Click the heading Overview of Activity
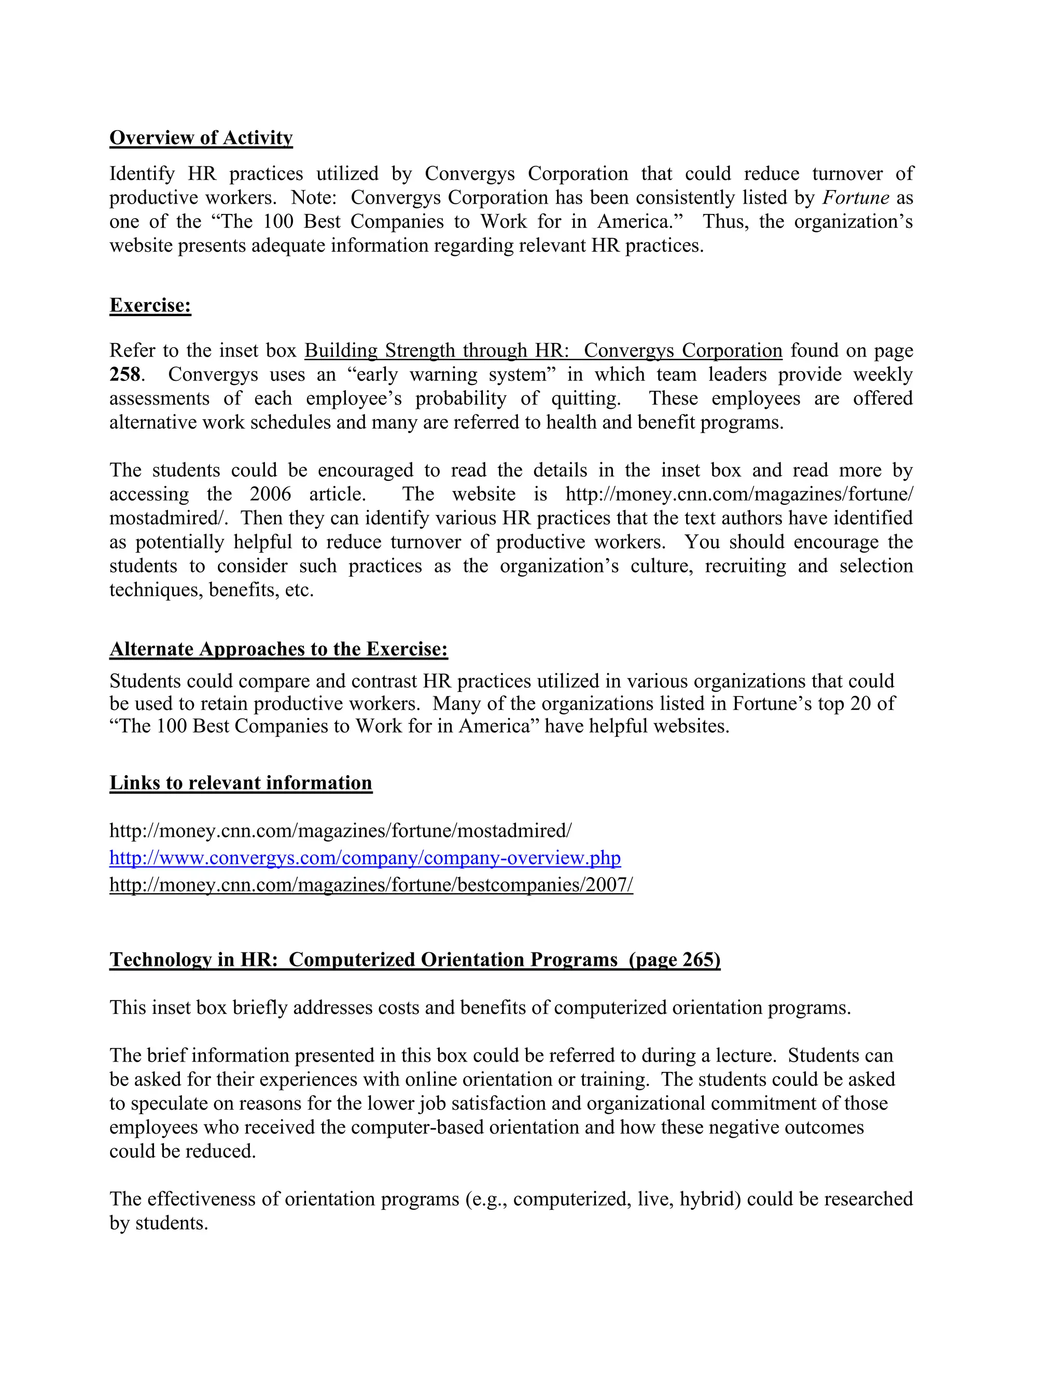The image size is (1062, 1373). click(x=201, y=138)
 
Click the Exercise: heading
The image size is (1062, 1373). click(x=150, y=306)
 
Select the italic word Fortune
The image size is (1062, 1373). click(x=855, y=198)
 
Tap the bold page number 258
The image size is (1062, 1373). click(x=124, y=375)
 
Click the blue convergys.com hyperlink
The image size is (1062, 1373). click(x=365, y=858)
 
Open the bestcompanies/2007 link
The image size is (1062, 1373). click(x=371, y=885)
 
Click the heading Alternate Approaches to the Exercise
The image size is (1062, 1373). click(x=278, y=649)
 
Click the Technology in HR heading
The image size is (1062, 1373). click(x=415, y=960)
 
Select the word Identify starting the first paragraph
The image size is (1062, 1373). click(x=142, y=174)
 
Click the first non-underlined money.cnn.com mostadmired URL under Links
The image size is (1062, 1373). click(x=340, y=831)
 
